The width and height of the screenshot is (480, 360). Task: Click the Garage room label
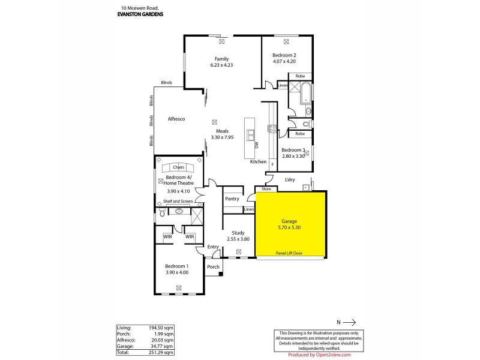289,221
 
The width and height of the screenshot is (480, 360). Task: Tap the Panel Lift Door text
289,253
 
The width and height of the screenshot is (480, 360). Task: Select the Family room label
221,58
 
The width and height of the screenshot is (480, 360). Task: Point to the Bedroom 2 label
284,55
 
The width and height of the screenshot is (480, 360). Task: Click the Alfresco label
176,119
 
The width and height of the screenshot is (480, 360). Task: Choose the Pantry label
232,199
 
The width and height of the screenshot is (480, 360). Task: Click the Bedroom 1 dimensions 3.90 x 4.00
177,272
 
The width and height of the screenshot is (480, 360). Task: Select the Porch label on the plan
213,267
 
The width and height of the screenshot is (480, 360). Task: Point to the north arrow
350,321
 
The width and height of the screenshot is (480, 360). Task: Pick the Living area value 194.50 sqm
163,328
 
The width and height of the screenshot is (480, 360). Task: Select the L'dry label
290,179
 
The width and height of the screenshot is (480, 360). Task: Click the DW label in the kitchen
256,145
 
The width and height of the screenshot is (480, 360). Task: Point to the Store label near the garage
266,189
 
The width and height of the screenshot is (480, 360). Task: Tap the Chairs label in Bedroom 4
178,167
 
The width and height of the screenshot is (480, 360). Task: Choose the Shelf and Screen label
178,202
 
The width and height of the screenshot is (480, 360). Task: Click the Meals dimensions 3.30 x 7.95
221,137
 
